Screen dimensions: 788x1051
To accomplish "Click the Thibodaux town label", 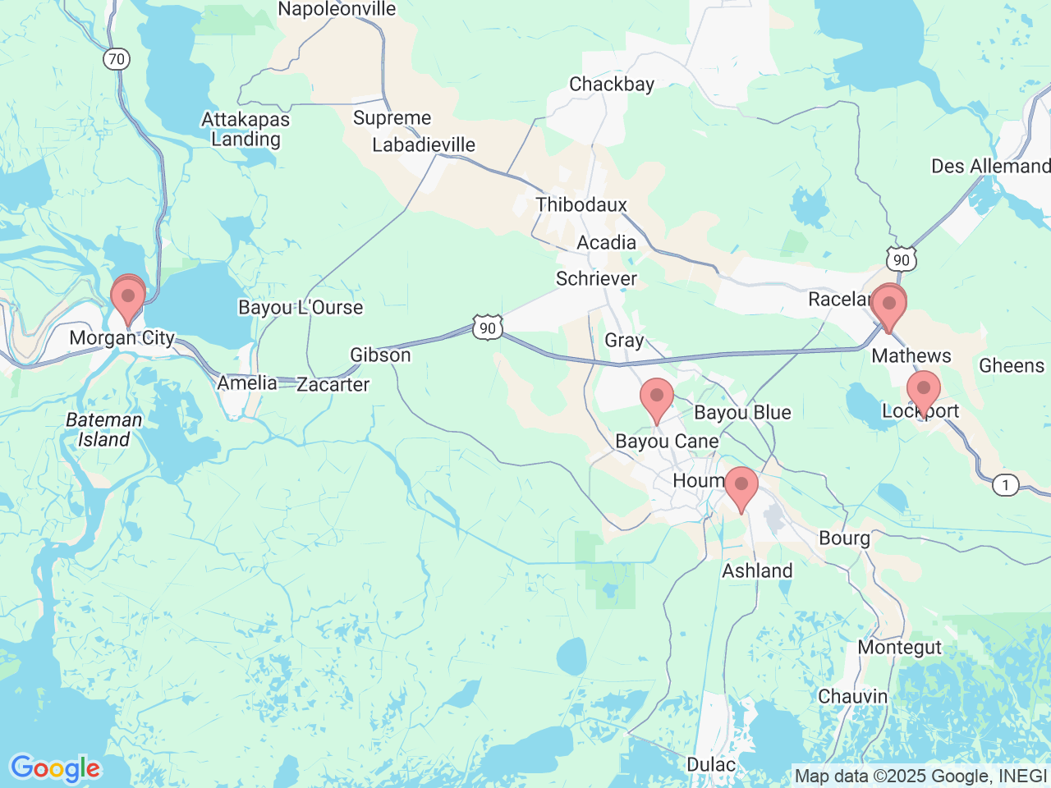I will click(581, 205).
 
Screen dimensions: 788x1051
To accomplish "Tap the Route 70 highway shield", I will click(117, 59).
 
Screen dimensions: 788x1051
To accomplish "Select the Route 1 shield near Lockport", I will click(1005, 485).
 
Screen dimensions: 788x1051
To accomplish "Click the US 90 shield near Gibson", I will click(488, 328).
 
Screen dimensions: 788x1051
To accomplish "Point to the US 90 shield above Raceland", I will click(901, 260).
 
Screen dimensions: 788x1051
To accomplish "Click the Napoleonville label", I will click(337, 10).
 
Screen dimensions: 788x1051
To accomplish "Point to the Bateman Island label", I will click(103, 429).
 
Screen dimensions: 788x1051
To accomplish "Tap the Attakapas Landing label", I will click(246, 129).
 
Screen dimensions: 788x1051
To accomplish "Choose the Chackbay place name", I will click(612, 85).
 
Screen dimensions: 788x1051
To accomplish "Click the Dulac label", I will click(711, 765).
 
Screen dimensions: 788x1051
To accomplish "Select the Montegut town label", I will click(899, 648).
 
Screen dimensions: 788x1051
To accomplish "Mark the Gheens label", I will click(1011, 366).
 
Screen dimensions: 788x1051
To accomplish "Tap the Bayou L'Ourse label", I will click(301, 308).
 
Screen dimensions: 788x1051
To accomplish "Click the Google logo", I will click(55, 768).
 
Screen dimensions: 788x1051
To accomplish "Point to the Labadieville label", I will click(424, 145).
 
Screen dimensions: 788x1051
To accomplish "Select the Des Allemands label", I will click(990, 167).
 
